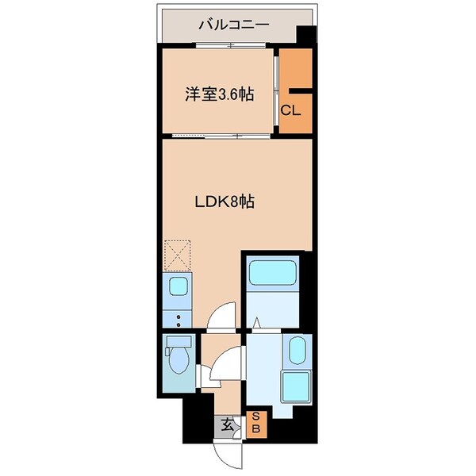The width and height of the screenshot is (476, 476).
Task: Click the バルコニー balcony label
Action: tap(233, 24)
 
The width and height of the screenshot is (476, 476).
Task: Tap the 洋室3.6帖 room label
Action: tap(219, 94)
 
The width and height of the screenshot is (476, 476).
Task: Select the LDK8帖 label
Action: tap(225, 202)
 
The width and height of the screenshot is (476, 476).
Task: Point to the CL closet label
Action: tap(290, 110)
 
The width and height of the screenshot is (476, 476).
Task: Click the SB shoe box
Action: tap(259, 424)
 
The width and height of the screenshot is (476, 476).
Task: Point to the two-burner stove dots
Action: tap(178, 320)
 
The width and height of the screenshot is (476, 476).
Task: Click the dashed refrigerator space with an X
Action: tap(177, 256)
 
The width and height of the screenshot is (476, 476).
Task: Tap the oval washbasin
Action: tap(297, 350)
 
